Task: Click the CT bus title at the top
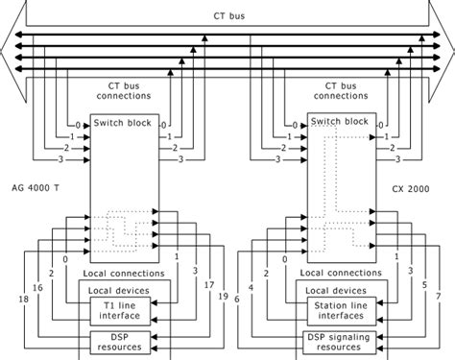pos(227,16)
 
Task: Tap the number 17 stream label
pos(210,286)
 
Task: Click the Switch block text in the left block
pos(122,123)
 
